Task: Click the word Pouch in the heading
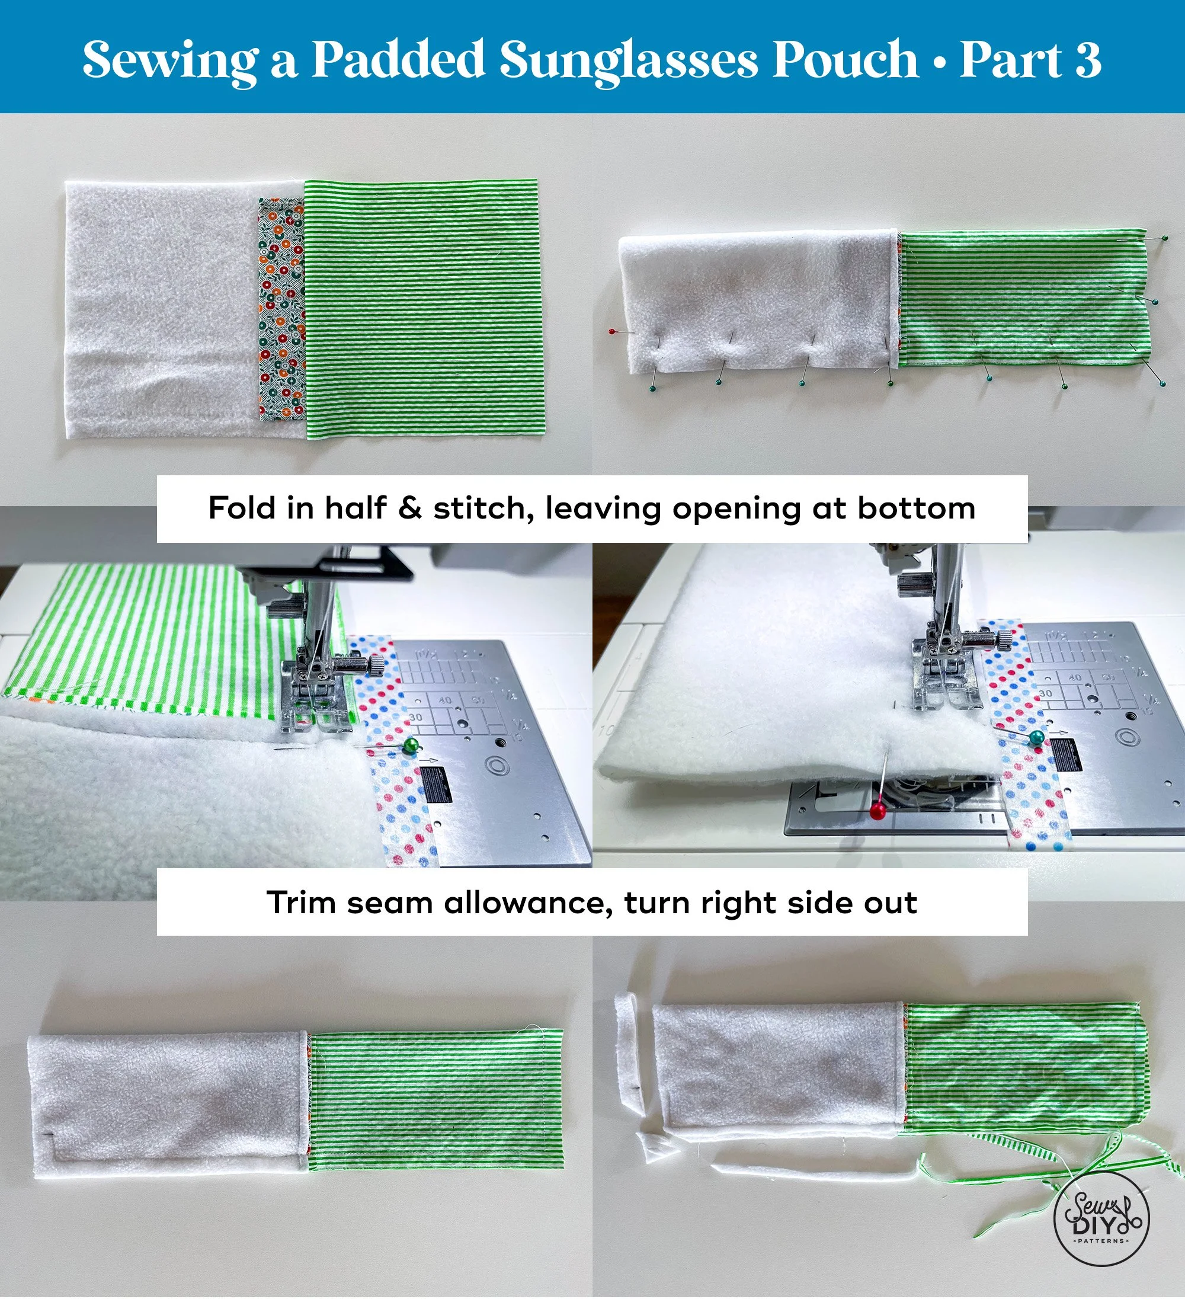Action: point(845,59)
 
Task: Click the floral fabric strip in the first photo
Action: point(281,309)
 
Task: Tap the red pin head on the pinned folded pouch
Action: point(612,331)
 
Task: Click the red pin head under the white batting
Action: point(876,811)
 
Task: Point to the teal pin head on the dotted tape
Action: point(1036,738)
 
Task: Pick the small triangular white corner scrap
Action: point(656,1147)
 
